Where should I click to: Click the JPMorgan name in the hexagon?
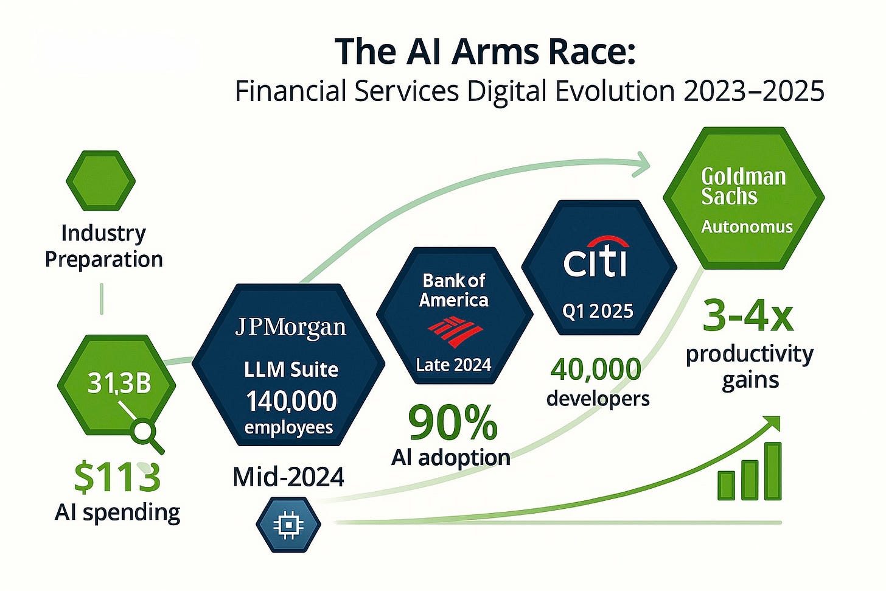(290, 328)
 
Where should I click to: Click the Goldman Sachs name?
(743, 186)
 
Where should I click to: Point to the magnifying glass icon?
(146, 434)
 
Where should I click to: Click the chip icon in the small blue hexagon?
(288, 524)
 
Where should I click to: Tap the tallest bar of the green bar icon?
(773, 471)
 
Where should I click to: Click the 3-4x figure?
(748, 316)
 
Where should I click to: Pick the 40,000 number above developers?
(596, 369)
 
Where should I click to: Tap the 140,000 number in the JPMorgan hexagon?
(291, 401)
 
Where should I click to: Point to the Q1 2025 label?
(598, 311)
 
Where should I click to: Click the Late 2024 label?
(453, 365)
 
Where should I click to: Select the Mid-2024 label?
(288, 477)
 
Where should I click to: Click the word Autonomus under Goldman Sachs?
(747, 226)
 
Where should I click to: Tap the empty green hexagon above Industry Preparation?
(100, 181)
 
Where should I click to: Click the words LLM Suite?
(291, 369)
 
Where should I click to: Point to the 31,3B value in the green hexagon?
(119, 383)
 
